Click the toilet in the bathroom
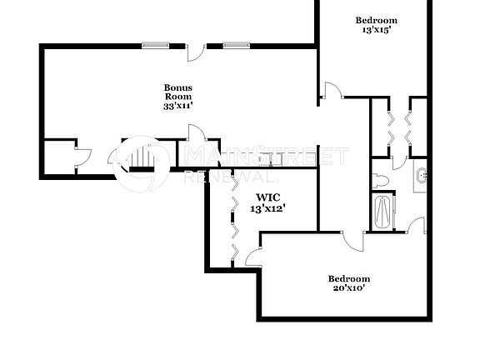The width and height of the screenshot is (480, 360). coord(382,180)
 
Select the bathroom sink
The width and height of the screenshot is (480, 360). coord(421,176)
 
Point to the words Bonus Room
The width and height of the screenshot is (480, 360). coord(177,92)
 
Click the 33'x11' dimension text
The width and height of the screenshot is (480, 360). coord(177,106)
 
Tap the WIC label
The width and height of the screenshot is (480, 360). coord(263,197)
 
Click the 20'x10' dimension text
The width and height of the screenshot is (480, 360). coord(348,288)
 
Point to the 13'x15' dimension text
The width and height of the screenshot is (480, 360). coord(377,30)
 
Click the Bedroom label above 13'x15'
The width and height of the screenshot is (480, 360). coord(377,20)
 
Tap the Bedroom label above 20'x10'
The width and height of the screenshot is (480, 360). coord(348,278)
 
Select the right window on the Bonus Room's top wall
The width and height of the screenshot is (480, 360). coord(235,45)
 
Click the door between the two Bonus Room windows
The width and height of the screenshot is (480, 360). coord(195,52)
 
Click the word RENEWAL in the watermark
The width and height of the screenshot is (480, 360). coord(230,177)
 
